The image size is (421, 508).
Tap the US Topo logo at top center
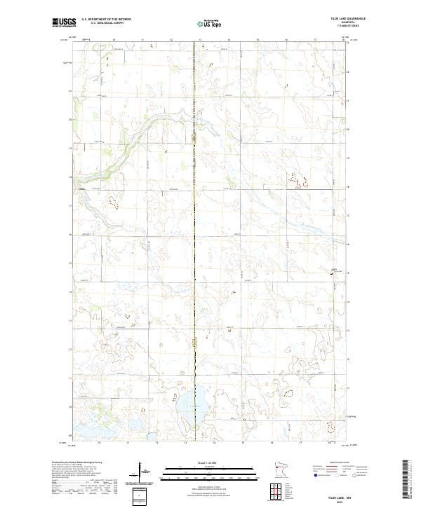pyautogui.click(x=202, y=24)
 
